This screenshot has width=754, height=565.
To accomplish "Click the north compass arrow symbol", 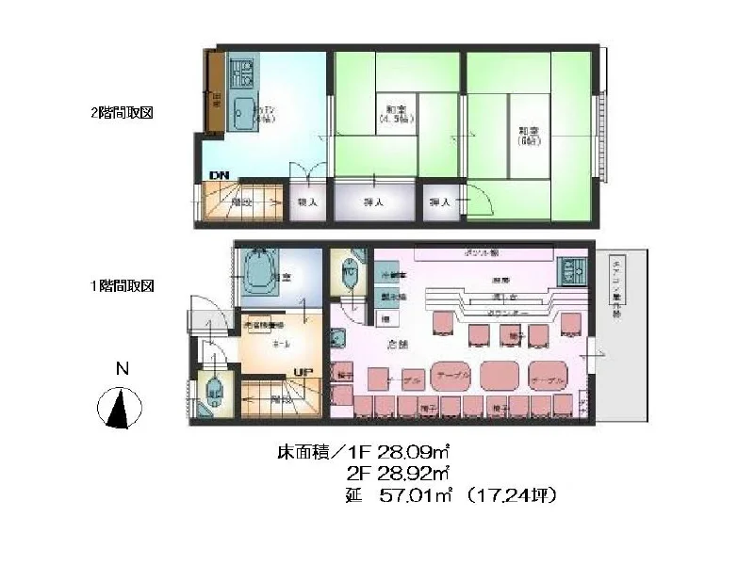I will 121,410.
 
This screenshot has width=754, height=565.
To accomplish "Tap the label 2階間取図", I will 122,112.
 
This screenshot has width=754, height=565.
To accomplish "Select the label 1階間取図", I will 122,285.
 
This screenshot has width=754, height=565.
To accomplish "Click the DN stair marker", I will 219,176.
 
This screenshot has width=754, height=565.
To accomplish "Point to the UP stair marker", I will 303,372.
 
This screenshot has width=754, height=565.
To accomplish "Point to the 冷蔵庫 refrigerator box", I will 394,275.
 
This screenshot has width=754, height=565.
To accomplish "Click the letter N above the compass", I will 121,369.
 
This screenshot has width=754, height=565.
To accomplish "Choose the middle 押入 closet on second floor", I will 373,202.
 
